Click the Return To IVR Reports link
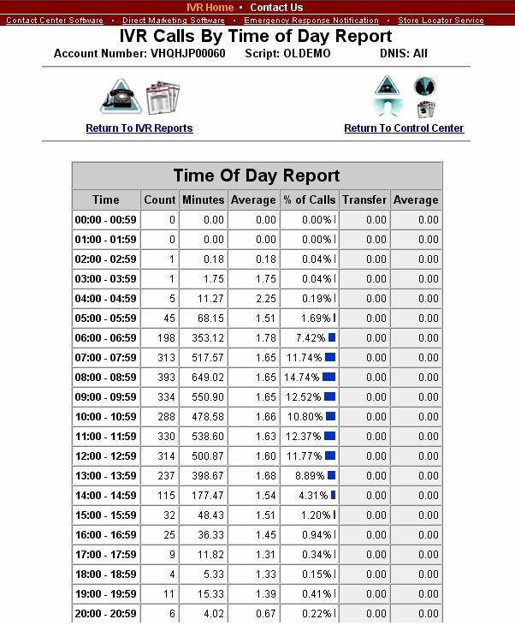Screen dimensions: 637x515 coord(139,128)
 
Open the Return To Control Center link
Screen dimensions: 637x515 coord(404,128)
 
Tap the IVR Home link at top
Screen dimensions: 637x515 coord(210,8)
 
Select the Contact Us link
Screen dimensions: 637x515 coord(276,8)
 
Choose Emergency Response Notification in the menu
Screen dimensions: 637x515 coord(311,20)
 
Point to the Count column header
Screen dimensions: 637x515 coord(159,200)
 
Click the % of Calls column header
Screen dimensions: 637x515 coord(309,200)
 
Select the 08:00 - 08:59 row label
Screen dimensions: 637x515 coord(106,378)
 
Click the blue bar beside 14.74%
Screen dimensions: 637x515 coord(329,378)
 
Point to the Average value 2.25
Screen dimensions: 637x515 coord(255,299)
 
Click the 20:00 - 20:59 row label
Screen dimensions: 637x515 coord(106,614)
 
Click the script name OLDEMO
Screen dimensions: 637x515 coord(305,54)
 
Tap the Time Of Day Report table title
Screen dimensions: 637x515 coord(257,176)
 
